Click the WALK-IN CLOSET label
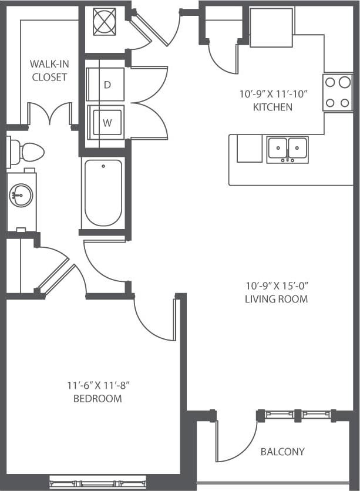coord(49,69)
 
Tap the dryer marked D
coord(106,85)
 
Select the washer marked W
coord(106,122)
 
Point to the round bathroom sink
coord(22,194)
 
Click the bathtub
coord(103,193)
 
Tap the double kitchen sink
coord(287,149)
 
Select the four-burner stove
coord(337,93)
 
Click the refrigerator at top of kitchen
coord(271,28)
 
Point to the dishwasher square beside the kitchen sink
coord(250,149)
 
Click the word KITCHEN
coord(273,107)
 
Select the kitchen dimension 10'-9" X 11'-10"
coord(273,93)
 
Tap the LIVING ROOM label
coord(277,299)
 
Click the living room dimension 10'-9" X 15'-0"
coord(277,286)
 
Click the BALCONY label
coord(282,452)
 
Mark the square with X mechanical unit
coord(104,22)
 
